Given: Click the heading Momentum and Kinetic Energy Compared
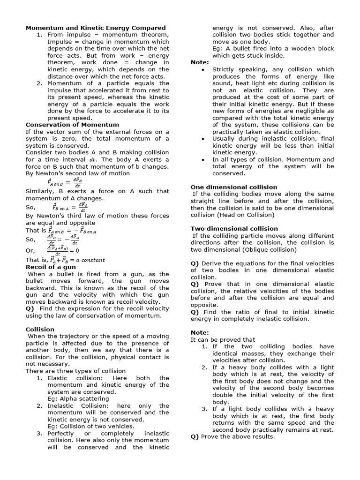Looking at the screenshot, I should (95, 28).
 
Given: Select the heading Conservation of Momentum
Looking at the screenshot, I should (72, 125).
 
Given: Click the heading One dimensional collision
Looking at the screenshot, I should (234, 187).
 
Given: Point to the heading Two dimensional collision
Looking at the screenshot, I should (234, 229).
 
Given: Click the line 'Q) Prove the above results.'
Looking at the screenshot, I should (232, 437).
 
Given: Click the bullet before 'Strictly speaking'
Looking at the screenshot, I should (202, 69).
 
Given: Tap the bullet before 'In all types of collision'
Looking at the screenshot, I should (202, 160).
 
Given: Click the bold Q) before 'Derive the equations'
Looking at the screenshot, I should (195, 263).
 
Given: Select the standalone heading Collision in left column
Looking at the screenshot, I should (40, 330).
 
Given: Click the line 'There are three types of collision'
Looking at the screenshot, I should (75, 371).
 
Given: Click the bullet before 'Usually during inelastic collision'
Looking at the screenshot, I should (202, 139).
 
